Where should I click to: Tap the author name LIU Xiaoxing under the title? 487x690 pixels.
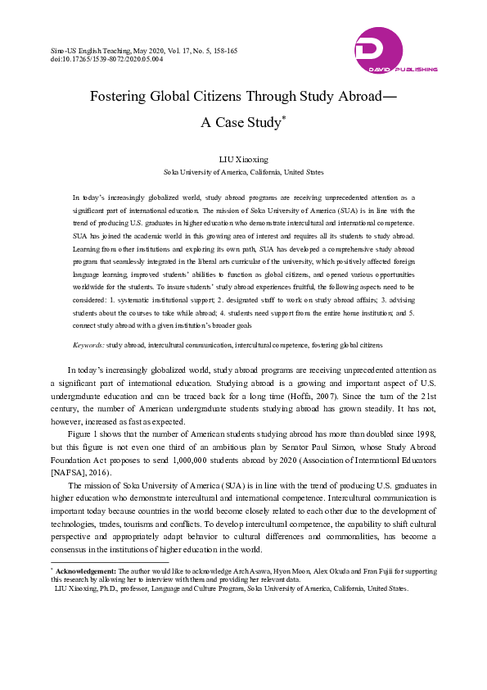(243, 159)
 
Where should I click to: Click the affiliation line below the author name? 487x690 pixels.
(243, 173)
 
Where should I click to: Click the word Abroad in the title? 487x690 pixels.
(351, 98)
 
